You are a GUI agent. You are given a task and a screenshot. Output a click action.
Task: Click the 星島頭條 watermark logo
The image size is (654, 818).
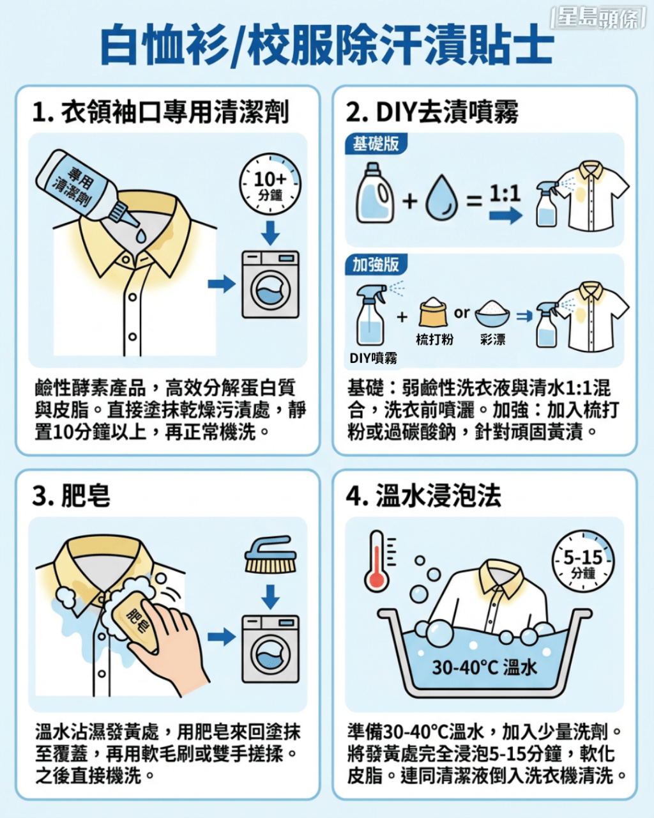click(598, 18)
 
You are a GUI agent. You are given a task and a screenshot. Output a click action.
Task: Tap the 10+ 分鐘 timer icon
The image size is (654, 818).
click(270, 185)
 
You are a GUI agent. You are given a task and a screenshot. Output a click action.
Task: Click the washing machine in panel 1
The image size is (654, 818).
click(270, 284)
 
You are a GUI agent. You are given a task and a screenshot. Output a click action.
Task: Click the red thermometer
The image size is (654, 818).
click(377, 562)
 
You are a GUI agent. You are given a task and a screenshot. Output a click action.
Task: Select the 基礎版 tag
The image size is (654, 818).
click(376, 144)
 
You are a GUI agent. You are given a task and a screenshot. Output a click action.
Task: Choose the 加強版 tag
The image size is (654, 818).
click(376, 264)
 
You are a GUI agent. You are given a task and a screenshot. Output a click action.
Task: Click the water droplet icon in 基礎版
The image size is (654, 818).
click(441, 199)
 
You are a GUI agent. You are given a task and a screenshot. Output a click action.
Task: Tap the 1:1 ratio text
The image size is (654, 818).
click(505, 193)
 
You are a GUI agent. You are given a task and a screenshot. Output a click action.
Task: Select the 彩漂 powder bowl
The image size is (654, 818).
click(492, 314)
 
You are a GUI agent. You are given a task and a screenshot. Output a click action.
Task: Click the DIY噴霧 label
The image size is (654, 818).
click(373, 359)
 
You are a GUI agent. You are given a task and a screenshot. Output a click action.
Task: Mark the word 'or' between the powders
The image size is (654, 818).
click(462, 313)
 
